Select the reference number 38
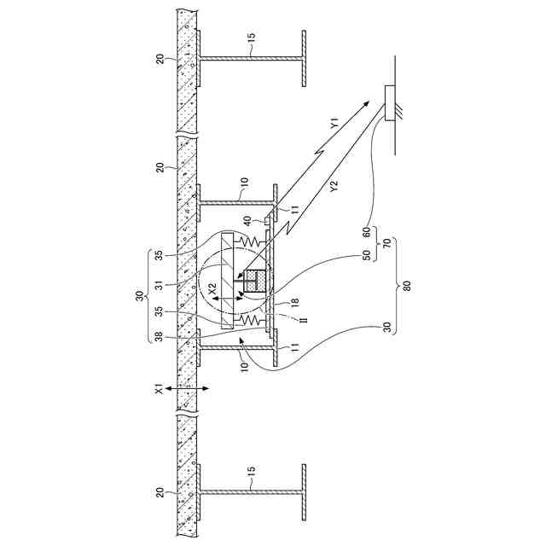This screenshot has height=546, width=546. click(158, 337)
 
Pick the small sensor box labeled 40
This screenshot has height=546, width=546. click(267, 222)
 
